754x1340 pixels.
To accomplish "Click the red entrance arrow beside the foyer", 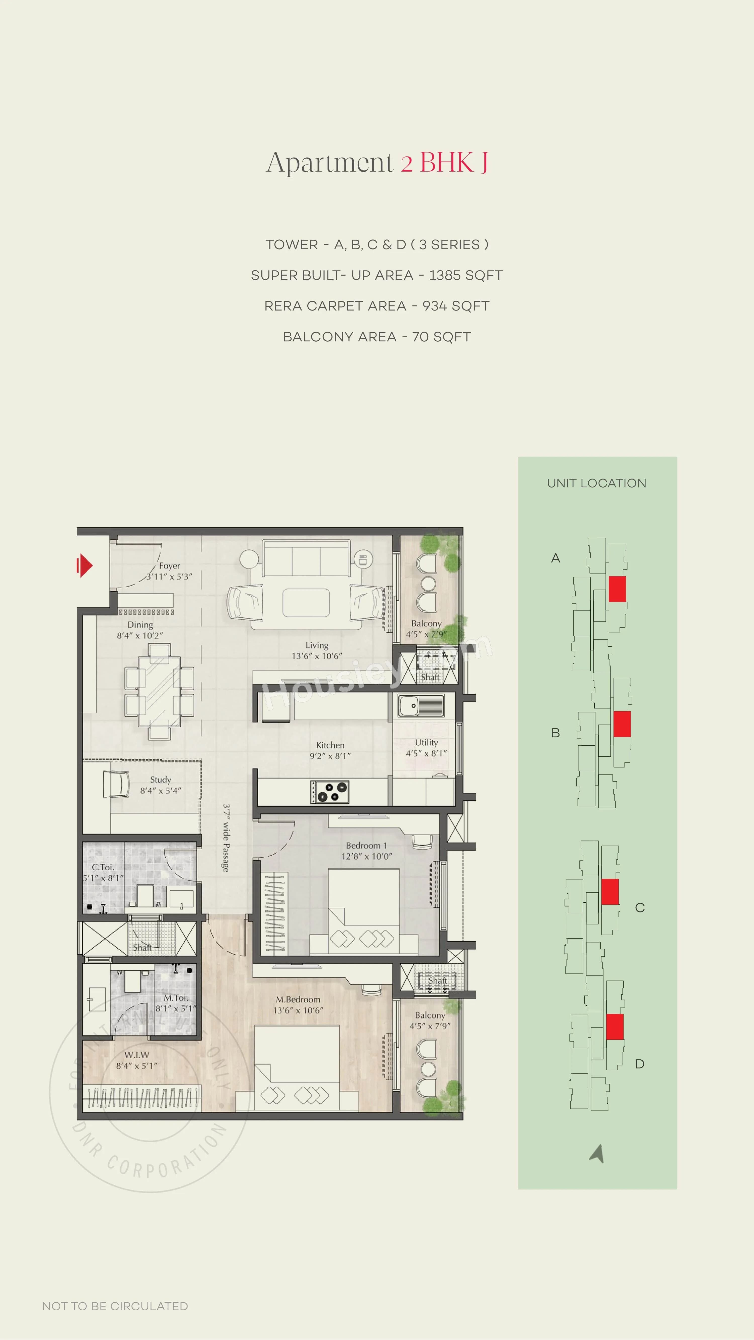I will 84,565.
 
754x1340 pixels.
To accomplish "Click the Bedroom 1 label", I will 366,845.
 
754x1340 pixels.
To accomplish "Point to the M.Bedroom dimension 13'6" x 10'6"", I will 298,1010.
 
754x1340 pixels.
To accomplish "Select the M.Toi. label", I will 176,998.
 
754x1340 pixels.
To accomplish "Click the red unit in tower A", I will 617,589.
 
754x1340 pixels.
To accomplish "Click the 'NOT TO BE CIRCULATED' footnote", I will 115,1306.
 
